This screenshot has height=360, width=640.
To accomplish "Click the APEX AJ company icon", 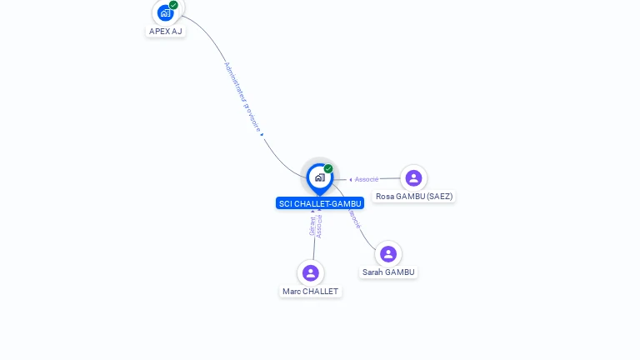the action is pyautogui.click(x=165, y=12).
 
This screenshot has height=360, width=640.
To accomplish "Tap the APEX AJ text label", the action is pyautogui.click(x=165, y=32).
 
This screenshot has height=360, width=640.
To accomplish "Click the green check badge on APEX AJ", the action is pyautogui.click(x=173, y=5).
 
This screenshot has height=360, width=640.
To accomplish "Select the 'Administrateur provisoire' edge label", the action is pyautogui.click(x=242, y=97).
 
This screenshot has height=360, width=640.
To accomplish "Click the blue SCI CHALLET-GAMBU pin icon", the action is pyautogui.click(x=319, y=177).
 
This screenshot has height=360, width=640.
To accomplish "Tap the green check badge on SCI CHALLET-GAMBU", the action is pyautogui.click(x=328, y=169).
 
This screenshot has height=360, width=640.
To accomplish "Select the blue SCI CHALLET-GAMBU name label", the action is pyautogui.click(x=320, y=203).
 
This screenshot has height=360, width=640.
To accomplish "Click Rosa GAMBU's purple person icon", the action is pyautogui.click(x=413, y=177).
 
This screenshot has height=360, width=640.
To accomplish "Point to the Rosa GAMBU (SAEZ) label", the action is pyautogui.click(x=414, y=197).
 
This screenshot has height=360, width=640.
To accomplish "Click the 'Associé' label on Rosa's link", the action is pyautogui.click(x=367, y=179).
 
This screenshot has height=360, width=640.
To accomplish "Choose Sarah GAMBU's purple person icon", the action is pyautogui.click(x=388, y=253).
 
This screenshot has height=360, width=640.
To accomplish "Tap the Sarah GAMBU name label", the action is pyautogui.click(x=388, y=272).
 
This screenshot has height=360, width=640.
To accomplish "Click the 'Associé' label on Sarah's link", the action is pyautogui.click(x=355, y=218).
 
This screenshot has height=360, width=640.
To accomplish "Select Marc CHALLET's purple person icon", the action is pyautogui.click(x=311, y=272).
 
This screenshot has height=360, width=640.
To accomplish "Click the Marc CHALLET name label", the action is pyautogui.click(x=311, y=292).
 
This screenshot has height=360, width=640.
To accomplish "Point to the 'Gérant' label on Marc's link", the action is pyautogui.click(x=312, y=226).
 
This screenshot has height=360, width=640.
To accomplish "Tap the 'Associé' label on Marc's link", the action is pyautogui.click(x=319, y=226).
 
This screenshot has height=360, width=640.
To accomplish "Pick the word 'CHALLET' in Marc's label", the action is pyautogui.click(x=321, y=292).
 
